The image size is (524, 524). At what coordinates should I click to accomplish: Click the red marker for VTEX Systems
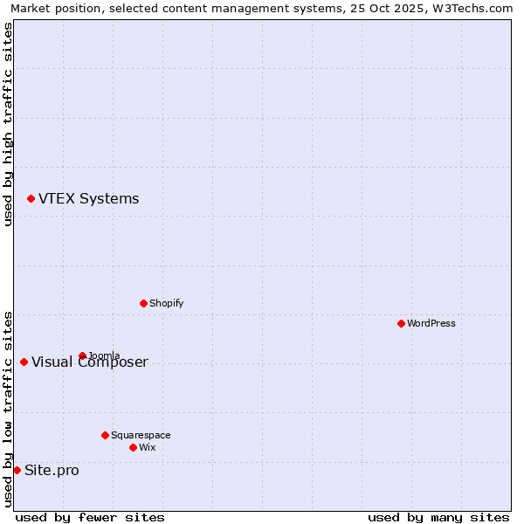(31, 199)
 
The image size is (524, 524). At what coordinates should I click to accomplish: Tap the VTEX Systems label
(88, 199)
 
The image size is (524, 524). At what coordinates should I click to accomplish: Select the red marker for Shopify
(143, 303)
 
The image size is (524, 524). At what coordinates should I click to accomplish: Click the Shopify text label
(166, 303)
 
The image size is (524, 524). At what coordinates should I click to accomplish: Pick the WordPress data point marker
(401, 323)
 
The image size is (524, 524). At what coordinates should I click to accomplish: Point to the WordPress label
(431, 323)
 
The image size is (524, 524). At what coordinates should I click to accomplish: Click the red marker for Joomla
(82, 355)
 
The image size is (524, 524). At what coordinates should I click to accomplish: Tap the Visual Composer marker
(24, 362)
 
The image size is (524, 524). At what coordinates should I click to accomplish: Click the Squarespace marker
(105, 435)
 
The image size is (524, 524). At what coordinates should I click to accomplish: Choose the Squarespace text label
(141, 435)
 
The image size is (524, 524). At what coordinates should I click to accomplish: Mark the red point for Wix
(133, 447)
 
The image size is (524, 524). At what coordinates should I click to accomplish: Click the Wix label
(147, 447)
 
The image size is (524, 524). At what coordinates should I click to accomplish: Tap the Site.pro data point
(17, 470)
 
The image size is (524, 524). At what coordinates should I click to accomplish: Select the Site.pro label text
(52, 471)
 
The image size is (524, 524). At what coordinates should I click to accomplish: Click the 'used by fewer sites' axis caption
(90, 517)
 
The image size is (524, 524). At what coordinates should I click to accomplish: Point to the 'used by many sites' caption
(438, 517)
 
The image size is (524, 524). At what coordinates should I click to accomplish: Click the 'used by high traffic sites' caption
(9, 124)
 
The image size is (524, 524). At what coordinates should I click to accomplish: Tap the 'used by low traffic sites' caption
(9, 409)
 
